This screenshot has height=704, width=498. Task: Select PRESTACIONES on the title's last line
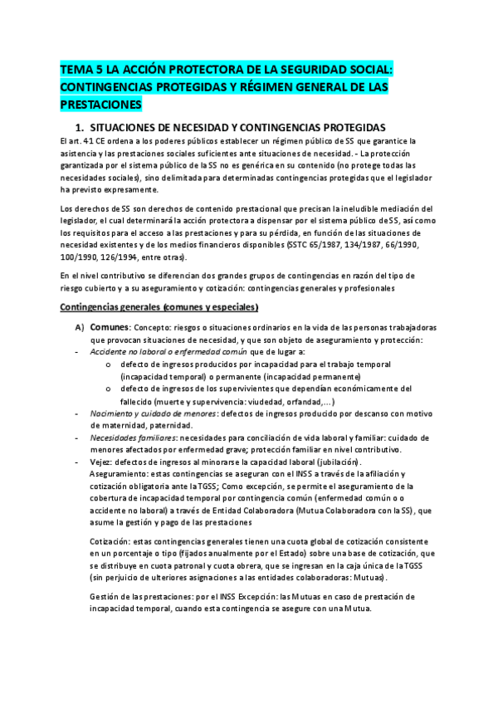pyautogui.click(x=101, y=105)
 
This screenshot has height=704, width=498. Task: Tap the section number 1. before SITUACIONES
pyautogui.click(x=80, y=128)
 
